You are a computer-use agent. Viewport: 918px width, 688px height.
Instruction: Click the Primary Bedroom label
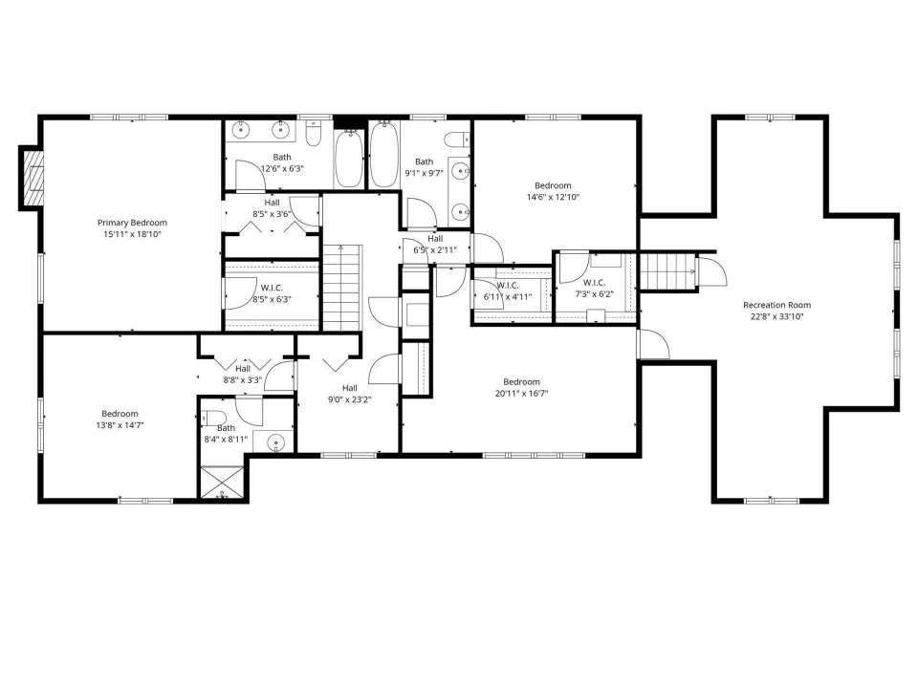tap(132, 223)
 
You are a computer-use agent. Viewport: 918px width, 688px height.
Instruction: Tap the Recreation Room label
tap(776, 305)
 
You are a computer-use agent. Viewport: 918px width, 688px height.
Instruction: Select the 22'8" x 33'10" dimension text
tap(776, 316)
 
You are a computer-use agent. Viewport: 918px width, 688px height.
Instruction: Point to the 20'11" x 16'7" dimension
tap(521, 394)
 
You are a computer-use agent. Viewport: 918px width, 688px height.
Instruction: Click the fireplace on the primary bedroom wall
tap(33, 178)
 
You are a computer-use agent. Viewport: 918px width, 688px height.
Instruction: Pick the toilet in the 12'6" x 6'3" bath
tap(315, 135)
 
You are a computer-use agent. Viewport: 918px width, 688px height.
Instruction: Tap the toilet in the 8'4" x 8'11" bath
tap(213, 419)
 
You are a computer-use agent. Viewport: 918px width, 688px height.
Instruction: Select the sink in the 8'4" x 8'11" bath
tap(275, 442)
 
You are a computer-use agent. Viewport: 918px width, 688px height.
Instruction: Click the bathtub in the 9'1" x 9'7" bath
tap(384, 154)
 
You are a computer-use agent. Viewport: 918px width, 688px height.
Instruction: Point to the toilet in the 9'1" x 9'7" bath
tap(457, 140)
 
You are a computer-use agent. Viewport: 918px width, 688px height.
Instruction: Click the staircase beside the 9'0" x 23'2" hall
tap(342, 288)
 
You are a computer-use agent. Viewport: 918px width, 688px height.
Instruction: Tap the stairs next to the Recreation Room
tap(667, 271)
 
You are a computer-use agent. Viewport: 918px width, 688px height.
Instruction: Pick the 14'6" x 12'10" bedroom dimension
tap(553, 197)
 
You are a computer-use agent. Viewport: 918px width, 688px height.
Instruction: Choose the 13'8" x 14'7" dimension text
tap(120, 425)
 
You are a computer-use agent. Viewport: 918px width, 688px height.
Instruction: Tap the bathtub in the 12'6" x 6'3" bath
tap(349, 158)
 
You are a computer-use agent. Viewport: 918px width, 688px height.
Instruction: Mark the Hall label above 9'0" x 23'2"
tap(350, 388)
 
